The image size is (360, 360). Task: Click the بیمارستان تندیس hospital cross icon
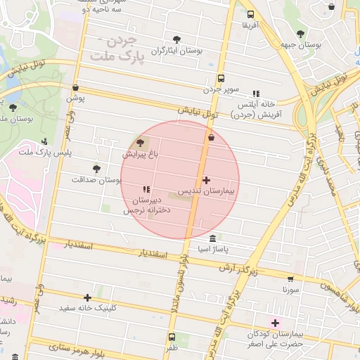click(206, 181)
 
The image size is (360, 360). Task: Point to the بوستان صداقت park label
click(96, 180)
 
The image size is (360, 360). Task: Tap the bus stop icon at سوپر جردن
click(221, 79)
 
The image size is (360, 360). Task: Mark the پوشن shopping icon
click(75, 88)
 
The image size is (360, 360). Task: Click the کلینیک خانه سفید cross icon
click(87, 297)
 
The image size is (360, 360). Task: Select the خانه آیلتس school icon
click(256, 93)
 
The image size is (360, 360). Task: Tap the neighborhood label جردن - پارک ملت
click(120, 46)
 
